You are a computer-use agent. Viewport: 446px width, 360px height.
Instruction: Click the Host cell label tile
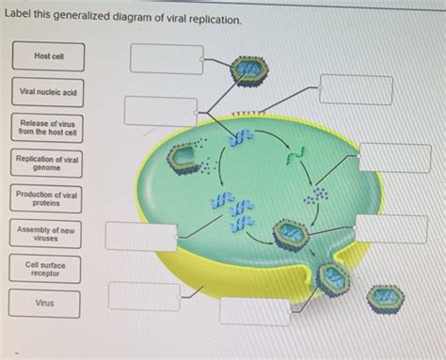point(48,57)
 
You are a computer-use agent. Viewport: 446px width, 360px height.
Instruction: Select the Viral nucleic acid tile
point(48,93)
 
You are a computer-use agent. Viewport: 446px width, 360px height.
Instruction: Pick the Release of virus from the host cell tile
point(48,128)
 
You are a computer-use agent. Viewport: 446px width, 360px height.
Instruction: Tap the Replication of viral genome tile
point(48,164)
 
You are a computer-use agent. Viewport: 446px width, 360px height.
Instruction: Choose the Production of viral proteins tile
point(48,198)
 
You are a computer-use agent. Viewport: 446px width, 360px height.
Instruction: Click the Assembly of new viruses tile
point(48,233)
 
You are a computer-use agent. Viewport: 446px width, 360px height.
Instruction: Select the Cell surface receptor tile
point(48,269)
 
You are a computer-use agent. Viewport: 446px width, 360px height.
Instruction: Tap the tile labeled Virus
point(48,304)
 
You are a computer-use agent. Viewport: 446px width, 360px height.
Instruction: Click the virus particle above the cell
point(249,70)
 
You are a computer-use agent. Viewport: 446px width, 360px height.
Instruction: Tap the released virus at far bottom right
point(385,299)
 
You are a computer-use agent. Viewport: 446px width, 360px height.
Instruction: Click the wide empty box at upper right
point(355,89)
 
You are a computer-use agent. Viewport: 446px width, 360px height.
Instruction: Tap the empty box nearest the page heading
point(166,57)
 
